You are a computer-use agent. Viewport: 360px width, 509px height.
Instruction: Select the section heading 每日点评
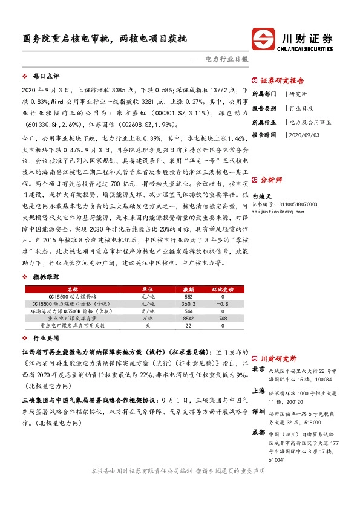pos(46,77)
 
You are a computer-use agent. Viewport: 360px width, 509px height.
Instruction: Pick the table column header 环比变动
pos(222,290)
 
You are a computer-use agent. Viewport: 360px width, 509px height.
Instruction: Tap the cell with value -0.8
pos(222,303)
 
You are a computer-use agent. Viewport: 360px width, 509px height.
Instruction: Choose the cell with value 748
pos(222,317)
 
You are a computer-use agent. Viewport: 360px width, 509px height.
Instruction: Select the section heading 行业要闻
pos(46,340)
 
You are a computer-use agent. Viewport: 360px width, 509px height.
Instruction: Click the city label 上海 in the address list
pos(258,391)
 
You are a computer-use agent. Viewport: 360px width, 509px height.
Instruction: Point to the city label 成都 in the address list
pos(258,433)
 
